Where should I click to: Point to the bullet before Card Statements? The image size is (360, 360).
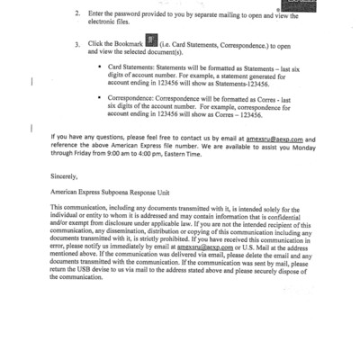tap(99, 66)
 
